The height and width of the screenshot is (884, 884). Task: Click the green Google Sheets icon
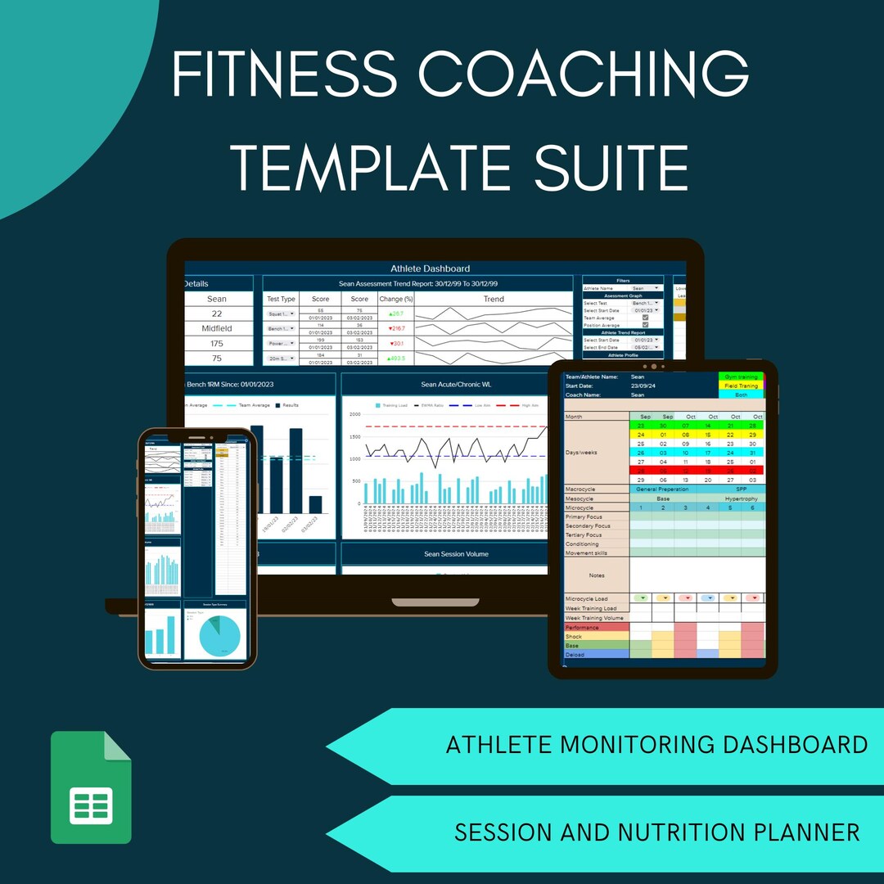91,787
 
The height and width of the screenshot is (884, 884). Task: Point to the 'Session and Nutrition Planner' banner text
656,832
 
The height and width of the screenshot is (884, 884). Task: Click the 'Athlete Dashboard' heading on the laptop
430,268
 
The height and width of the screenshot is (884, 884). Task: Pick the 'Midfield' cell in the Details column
217,328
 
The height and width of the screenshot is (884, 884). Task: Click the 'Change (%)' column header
396,299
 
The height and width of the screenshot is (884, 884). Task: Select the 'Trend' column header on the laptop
494,299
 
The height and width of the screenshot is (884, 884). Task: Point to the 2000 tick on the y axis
354,414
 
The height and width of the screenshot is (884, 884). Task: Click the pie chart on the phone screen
214,635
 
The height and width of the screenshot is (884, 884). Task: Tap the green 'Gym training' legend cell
741,377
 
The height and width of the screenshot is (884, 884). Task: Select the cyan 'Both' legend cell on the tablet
741,395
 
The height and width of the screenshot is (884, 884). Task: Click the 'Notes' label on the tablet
596,575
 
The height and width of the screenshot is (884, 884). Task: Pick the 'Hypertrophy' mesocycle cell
741,498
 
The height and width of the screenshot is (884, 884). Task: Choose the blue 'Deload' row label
596,655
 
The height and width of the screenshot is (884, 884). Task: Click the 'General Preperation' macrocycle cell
668,489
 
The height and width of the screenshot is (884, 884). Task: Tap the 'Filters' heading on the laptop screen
623,280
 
